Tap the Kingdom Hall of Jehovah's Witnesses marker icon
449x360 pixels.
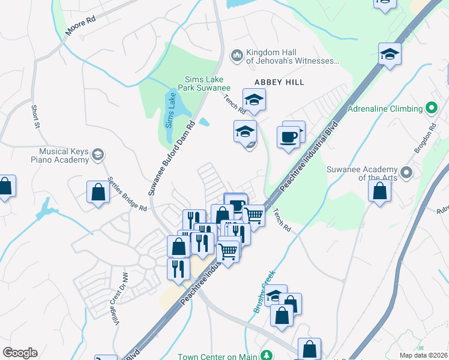[x=237, y=56]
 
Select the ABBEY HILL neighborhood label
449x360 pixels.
[x=279, y=82]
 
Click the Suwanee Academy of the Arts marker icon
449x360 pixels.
[x=406, y=173]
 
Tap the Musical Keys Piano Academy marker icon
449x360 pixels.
[x=97, y=155]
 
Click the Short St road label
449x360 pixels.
[x=35, y=117]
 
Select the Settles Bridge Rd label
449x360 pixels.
[x=127, y=193]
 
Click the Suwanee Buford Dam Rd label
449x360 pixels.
[x=172, y=159]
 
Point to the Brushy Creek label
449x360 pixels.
[x=264, y=292]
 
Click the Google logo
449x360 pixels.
[x=20, y=353]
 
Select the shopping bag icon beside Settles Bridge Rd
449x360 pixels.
[x=98, y=192]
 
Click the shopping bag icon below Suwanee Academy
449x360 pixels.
[x=379, y=191]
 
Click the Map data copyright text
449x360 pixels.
[x=423, y=355]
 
